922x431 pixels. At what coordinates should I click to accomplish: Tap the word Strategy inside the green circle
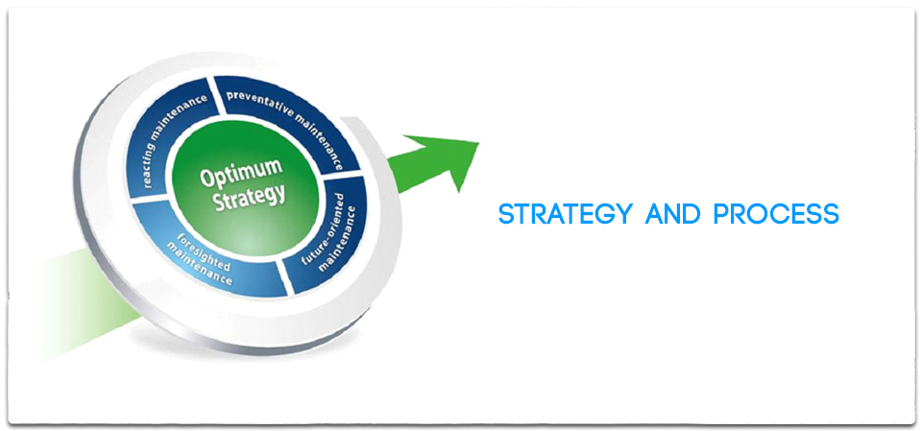click(x=250, y=197)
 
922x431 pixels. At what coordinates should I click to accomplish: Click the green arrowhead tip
click(x=479, y=142)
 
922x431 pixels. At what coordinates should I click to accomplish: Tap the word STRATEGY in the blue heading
click(x=565, y=214)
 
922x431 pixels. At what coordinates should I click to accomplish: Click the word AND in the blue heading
click(x=672, y=214)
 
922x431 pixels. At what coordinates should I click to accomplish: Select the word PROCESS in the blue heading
click(x=776, y=214)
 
